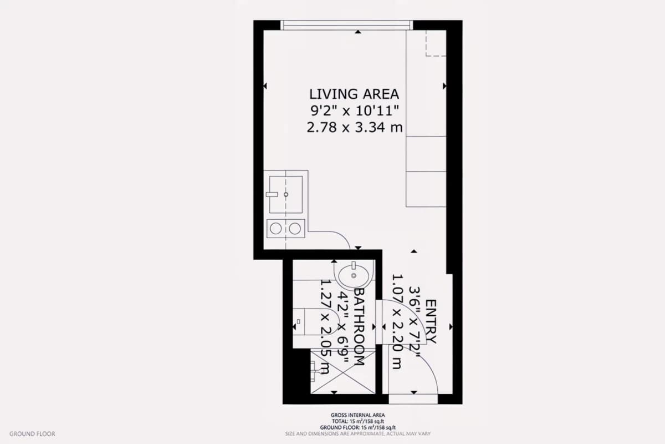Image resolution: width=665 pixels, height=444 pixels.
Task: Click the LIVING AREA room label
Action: pyautogui.click(x=354, y=94)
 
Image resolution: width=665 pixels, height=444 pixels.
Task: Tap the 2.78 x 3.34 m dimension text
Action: pyautogui.click(x=355, y=128)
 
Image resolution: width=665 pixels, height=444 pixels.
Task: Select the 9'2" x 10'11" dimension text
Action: pyautogui.click(x=355, y=111)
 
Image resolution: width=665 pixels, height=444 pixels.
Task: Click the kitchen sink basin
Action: pyautogui.click(x=286, y=194)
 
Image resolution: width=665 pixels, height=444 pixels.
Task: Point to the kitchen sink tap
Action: pyautogui.click(x=272, y=194)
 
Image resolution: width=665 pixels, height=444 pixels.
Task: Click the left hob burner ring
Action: pyautogui.click(x=276, y=229)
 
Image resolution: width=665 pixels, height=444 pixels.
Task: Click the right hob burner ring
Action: pyautogui.click(x=295, y=229)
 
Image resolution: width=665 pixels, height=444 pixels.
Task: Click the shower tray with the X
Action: pyautogui.click(x=343, y=372)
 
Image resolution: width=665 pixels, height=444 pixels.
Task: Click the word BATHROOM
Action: pyautogui.click(x=359, y=327)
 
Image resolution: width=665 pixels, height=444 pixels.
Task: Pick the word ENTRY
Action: pyautogui.click(x=431, y=321)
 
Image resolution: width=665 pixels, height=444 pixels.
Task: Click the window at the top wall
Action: pyautogui.click(x=346, y=26)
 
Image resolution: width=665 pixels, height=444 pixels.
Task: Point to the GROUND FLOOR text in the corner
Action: pyautogui.click(x=32, y=434)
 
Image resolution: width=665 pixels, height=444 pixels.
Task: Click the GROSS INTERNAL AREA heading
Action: pyautogui.click(x=358, y=415)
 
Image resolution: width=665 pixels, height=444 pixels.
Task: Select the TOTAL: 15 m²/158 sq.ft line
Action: pyautogui.click(x=358, y=421)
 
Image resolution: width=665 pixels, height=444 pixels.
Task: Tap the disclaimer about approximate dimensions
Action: pyautogui.click(x=358, y=433)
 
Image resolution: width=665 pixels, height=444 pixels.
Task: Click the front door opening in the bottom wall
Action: pyautogui.click(x=413, y=399)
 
